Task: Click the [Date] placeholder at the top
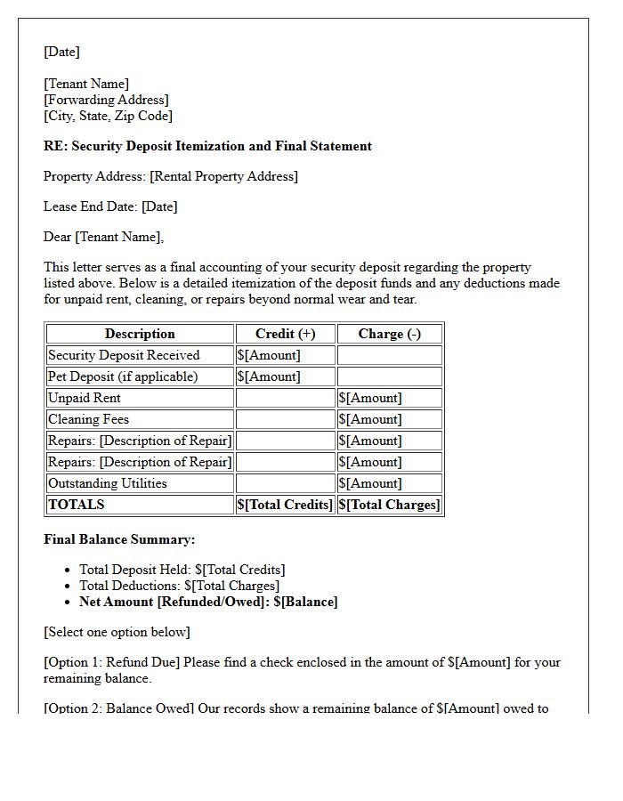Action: pyautogui.click(x=61, y=52)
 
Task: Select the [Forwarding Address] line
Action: pyautogui.click(x=106, y=100)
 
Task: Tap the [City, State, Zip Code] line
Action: pyautogui.click(x=108, y=116)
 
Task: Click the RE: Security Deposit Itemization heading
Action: pyautogui.click(x=207, y=146)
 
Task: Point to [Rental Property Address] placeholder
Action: pyautogui.click(x=223, y=176)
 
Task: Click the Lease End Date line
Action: pyautogui.click(x=110, y=206)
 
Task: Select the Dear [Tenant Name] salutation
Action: pyautogui.click(x=103, y=237)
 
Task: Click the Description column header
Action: pyautogui.click(x=140, y=334)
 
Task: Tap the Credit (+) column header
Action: pyautogui.click(x=285, y=334)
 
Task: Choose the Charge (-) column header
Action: pyautogui.click(x=389, y=334)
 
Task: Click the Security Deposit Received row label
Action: pyautogui.click(x=123, y=355)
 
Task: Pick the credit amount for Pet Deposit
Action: pyautogui.click(x=269, y=376)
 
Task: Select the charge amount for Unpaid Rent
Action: pyautogui.click(x=369, y=398)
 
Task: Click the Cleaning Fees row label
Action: pyautogui.click(x=88, y=419)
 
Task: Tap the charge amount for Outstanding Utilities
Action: pyautogui.click(x=369, y=483)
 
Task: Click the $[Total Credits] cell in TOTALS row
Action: pyautogui.click(x=285, y=505)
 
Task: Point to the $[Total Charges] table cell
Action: pyautogui.click(x=389, y=505)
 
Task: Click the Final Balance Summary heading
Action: pyautogui.click(x=119, y=539)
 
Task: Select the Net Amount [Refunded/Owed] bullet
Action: pyautogui.click(x=208, y=602)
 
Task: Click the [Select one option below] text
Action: pyautogui.click(x=117, y=632)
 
